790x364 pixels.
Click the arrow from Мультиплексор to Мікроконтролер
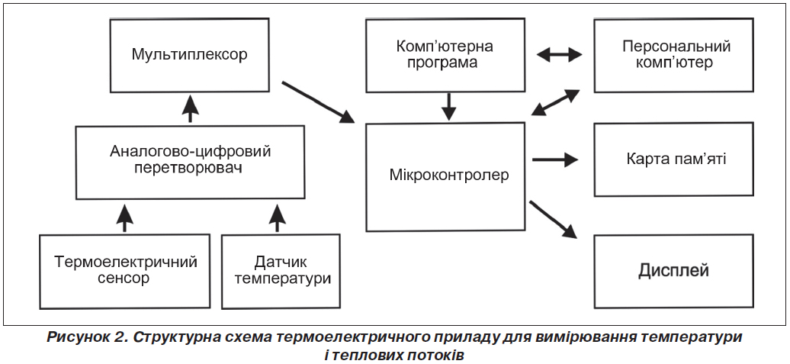318,102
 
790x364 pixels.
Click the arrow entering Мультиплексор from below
189,108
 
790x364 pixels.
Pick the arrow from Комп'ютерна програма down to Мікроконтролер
448,107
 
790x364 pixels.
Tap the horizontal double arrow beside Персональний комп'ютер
559,54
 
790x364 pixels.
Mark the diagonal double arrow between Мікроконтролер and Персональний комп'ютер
556,102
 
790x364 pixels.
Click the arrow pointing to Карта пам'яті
555,159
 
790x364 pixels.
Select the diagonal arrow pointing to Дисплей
553,219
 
